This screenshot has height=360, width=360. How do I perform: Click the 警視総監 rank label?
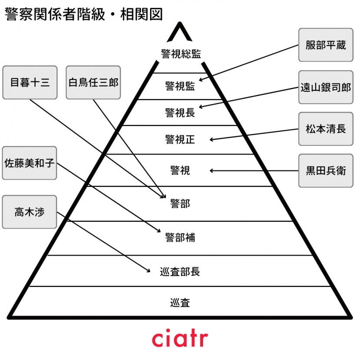click(x=180, y=54)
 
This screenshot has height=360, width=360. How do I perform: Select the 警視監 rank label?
click(x=180, y=86)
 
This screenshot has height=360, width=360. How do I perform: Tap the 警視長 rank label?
click(x=180, y=113)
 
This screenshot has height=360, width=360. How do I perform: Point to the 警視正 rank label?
click(x=180, y=140)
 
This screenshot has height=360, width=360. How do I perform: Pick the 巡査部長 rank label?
click(x=180, y=272)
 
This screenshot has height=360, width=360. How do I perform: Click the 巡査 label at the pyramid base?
click(x=180, y=302)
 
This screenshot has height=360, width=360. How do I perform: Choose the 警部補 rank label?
click(x=180, y=237)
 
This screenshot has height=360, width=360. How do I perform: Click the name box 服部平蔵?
click(x=326, y=45)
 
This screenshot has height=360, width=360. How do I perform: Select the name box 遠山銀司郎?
click(x=326, y=87)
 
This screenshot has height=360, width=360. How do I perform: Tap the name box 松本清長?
click(x=326, y=129)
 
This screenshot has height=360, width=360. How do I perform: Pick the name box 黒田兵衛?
click(x=326, y=170)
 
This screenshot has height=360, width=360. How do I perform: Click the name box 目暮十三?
click(x=30, y=82)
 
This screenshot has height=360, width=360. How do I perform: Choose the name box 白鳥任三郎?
click(x=93, y=82)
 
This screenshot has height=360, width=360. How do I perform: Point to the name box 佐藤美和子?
click(x=30, y=163)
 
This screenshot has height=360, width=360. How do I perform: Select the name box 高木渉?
click(x=30, y=212)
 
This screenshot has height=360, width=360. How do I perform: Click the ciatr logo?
click(x=180, y=338)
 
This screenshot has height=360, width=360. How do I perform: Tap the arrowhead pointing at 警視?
click(x=211, y=171)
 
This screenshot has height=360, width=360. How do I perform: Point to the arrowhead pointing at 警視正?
click(x=211, y=140)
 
